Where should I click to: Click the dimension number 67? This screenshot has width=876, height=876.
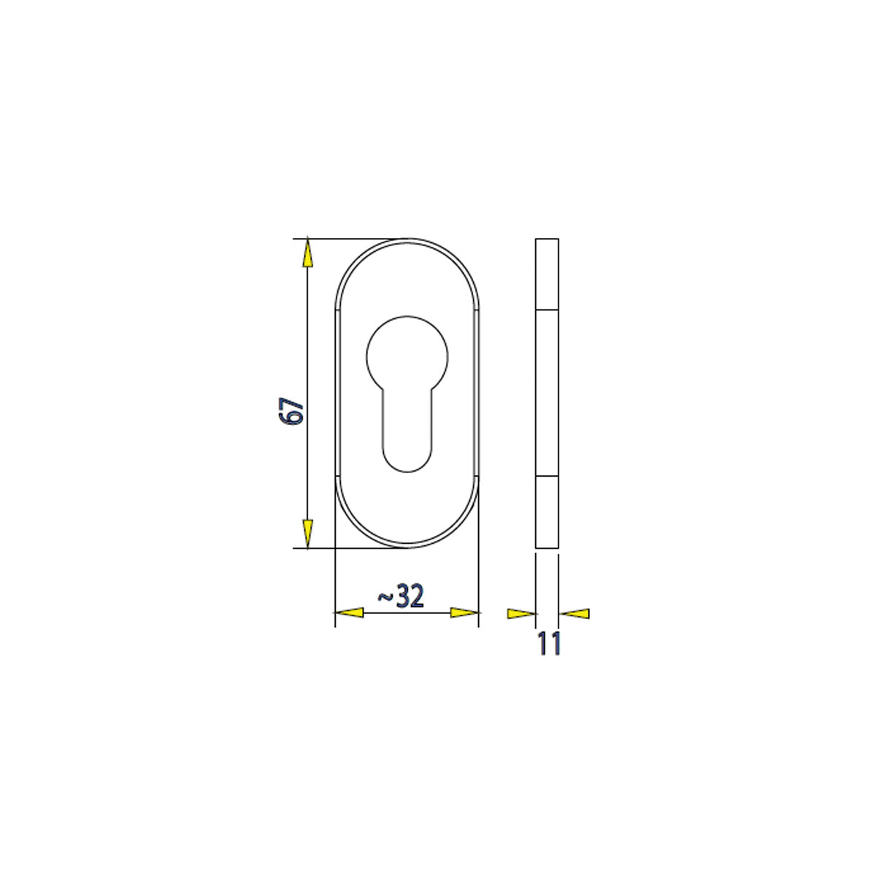pos(291,411)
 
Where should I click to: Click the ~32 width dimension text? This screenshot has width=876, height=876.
pos(401,596)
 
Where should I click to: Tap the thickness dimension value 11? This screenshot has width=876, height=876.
pos(549,643)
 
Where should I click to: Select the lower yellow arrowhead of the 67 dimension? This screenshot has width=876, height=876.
pos(308,534)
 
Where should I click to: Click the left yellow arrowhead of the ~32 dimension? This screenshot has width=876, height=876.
pos(349,612)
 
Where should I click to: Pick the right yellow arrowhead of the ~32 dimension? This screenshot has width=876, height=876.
pos(464,612)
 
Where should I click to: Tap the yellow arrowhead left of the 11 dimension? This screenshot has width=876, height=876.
pos(521,614)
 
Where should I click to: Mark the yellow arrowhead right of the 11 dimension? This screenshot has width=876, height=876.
pos(575,614)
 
